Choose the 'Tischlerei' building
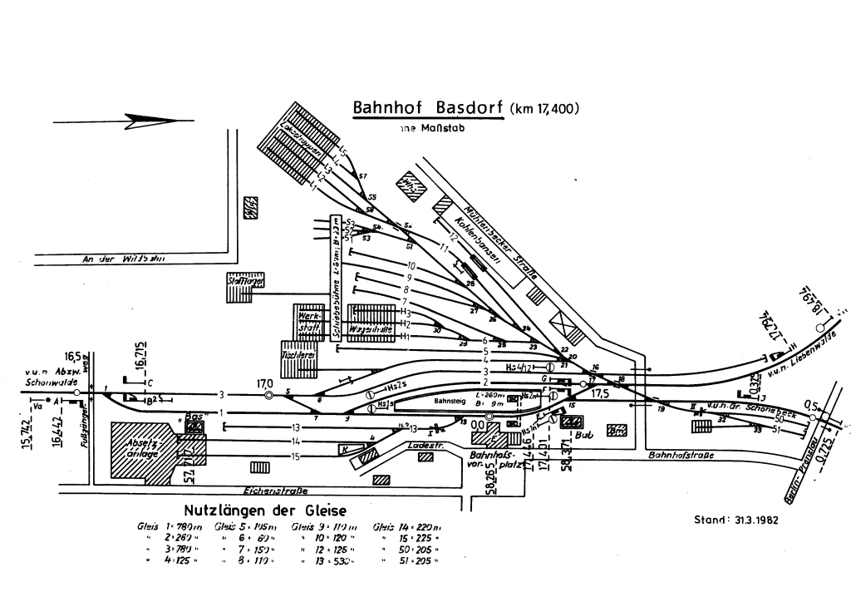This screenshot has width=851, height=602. pyautogui.click(x=298, y=353)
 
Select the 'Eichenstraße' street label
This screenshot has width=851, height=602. pyautogui.click(x=266, y=491)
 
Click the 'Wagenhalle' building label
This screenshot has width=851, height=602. pyautogui.click(x=371, y=329)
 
